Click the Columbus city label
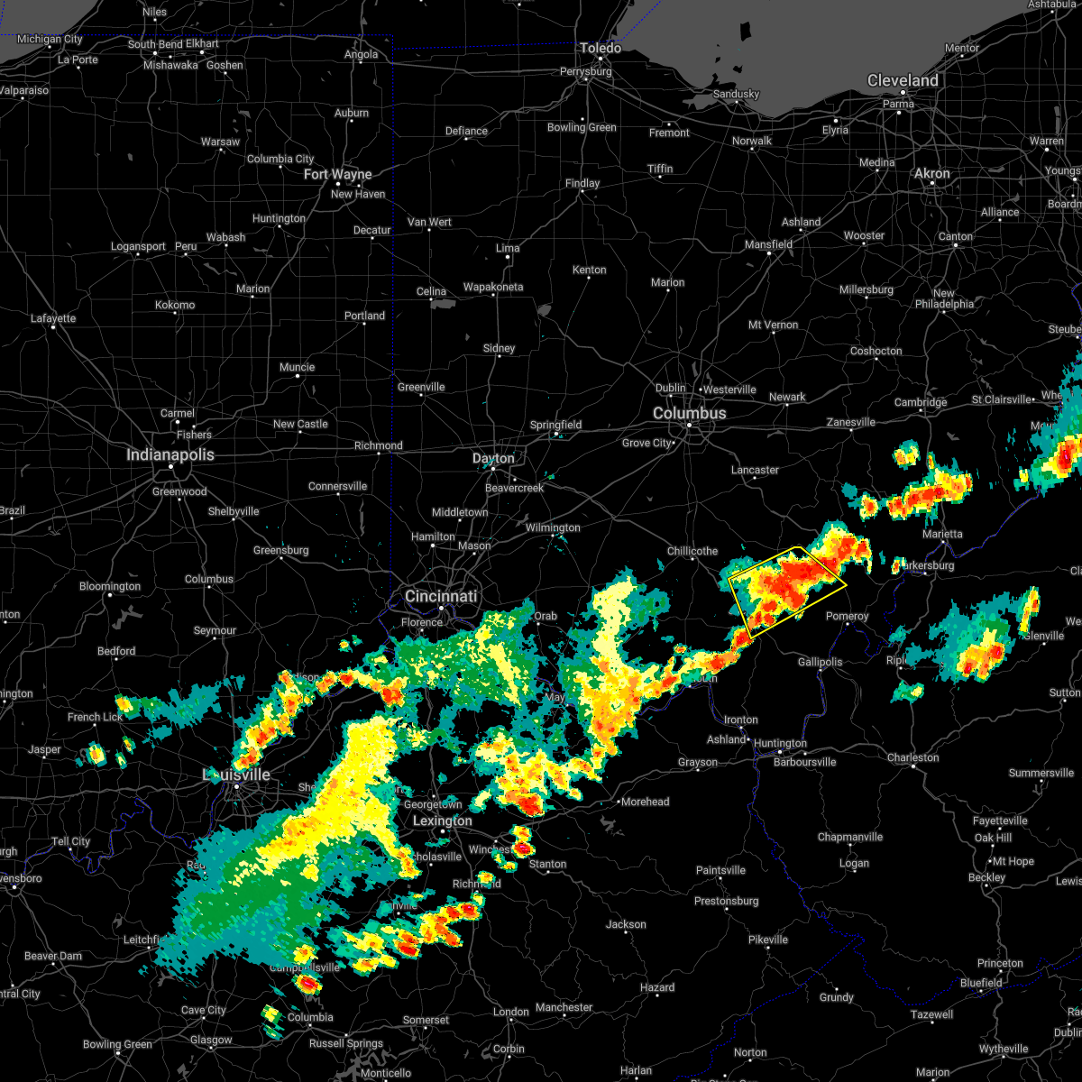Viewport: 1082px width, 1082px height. click(689, 413)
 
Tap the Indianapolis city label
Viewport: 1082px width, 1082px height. click(170, 455)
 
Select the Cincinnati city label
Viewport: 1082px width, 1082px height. click(441, 596)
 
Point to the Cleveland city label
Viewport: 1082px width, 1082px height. click(903, 80)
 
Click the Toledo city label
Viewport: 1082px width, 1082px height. click(601, 48)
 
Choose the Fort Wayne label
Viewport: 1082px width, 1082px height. click(338, 174)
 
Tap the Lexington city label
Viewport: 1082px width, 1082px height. click(442, 821)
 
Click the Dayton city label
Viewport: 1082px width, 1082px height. click(493, 459)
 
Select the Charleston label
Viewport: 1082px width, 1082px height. click(913, 757)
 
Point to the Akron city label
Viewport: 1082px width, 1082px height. click(932, 173)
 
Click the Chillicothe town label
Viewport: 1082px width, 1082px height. click(692, 551)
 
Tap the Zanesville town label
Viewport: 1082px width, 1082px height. click(851, 422)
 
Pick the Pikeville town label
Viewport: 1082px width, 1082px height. click(768, 940)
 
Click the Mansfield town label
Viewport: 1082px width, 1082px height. click(768, 244)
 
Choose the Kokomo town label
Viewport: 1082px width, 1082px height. click(175, 305)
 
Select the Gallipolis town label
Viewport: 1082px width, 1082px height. click(820, 662)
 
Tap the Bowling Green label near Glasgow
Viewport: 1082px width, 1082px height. click(117, 1044)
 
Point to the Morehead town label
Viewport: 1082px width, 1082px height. click(646, 802)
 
